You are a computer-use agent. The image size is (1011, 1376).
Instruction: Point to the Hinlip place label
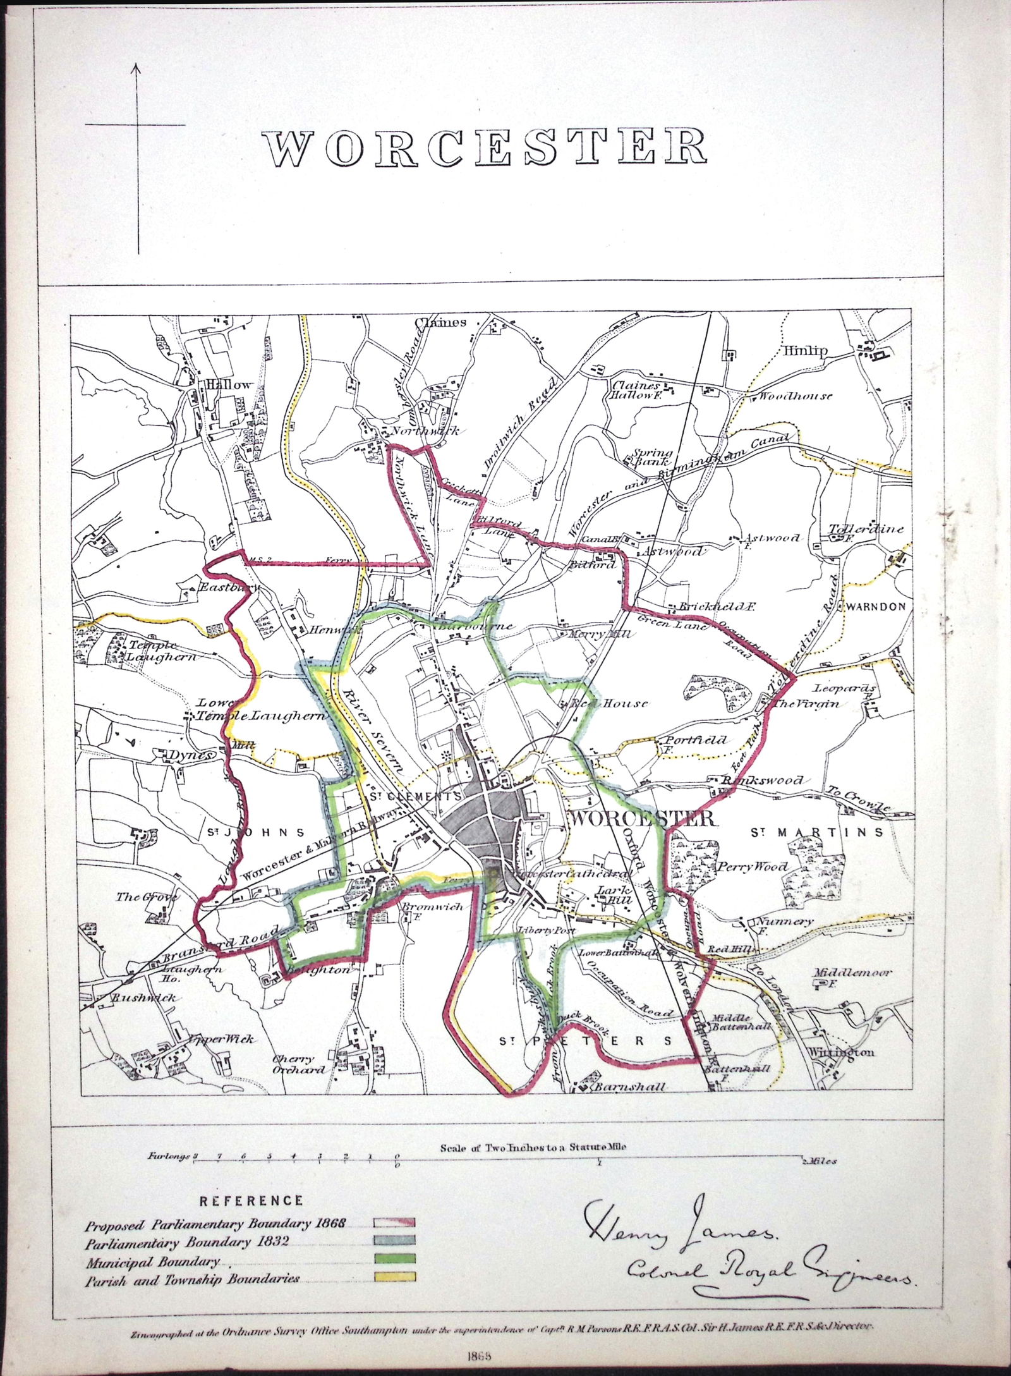(x=805, y=353)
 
